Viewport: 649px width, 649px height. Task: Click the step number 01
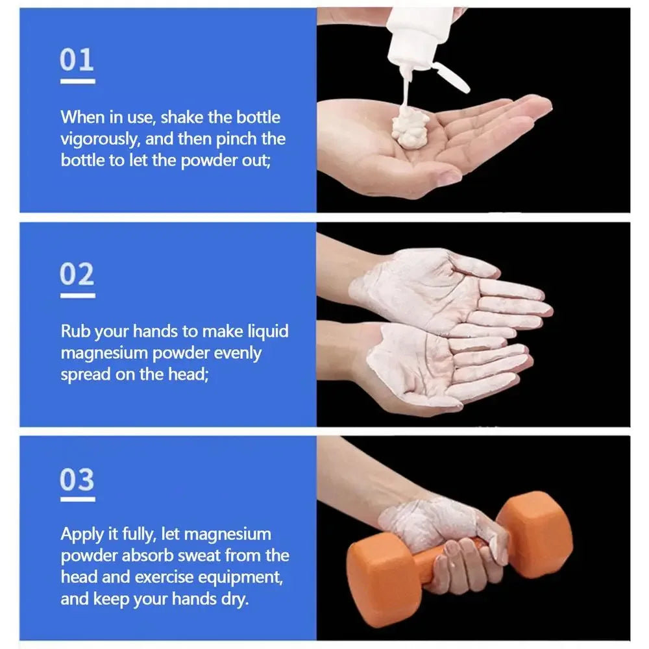(77, 60)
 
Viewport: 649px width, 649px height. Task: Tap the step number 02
(77, 275)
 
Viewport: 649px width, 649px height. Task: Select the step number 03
(77, 480)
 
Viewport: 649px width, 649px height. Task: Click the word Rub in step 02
(75, 332)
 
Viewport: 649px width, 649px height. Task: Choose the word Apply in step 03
(81, 535)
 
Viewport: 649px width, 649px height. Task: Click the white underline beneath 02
(77, 295)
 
